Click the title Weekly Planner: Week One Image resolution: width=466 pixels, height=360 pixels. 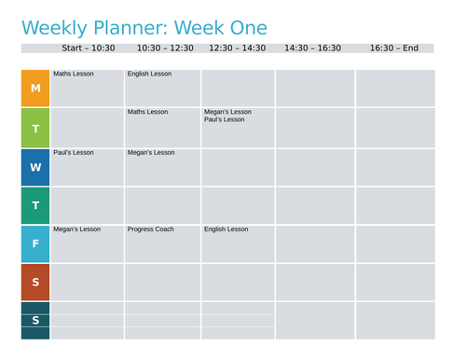pos(144,28)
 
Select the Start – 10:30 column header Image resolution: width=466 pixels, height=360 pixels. pos(88,48)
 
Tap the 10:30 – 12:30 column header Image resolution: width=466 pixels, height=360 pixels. pos(165,48)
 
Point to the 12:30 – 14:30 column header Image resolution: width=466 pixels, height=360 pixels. pos(237,48)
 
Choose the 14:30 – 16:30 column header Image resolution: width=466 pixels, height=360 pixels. pos(312,48)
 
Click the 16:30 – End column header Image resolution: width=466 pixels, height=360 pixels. pos(393,48)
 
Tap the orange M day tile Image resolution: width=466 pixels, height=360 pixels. pos(35,89)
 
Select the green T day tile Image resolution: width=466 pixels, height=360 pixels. pos(35,129)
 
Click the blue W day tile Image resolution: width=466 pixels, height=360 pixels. pos(35,168)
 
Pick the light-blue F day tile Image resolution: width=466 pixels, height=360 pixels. pos(35,244)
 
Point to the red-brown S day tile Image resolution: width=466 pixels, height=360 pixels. pos(35,282)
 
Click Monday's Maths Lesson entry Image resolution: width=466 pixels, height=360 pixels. pos(74,74)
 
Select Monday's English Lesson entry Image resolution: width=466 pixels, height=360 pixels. pos(149,74)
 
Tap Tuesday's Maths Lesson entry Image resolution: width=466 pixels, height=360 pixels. pos(147,112)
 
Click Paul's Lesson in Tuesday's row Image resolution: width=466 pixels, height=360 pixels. pos(224,119)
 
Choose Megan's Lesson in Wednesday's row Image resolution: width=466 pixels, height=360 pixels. pos(151,152)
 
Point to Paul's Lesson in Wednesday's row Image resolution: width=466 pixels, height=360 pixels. pos(74,152)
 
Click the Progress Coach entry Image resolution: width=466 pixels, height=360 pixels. pos(151,228)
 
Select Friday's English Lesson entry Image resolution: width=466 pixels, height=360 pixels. pos(226,228)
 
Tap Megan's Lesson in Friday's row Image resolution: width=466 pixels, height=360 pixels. pos(76,228)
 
